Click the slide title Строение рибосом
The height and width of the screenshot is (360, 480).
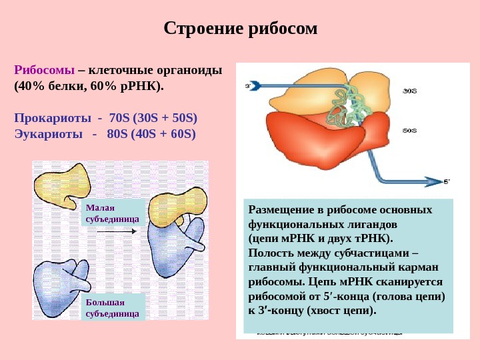point(241,29)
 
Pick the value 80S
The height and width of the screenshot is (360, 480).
point(119,133)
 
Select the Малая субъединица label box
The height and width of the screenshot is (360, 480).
point(113,213)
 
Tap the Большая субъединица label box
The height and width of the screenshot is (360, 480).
point(113,308)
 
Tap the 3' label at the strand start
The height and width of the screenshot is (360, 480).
point(249,86)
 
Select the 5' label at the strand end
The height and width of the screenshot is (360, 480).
point(447,181)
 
